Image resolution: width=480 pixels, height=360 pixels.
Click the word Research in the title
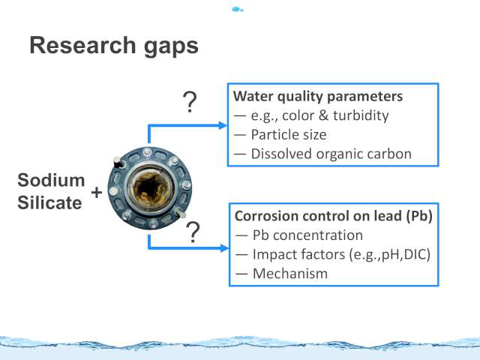pyautogui.click(x=82, y=45)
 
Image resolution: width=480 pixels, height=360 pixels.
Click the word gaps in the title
pyautogui.click(x=171, y=47)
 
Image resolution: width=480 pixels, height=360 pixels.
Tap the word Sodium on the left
pyautogui.click(x=51, y=180)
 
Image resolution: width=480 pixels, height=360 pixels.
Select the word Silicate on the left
pyautogui.click(x=49, y=202)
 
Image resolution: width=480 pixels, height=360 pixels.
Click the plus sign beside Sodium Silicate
pyautogui.click(x=97, y=193)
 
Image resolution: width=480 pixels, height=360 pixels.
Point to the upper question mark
pyautogui.click(x=190, y=102)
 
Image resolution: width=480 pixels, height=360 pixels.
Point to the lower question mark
pyautogui.click(x=193, y=232)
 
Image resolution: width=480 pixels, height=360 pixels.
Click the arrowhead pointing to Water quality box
pyautogui.click(x=223, y=125)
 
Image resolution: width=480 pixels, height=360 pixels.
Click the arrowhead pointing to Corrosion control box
pyautogui.click(x=224, y=248)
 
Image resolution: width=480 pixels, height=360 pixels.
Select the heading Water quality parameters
pyautogui.click(x=318, y=97)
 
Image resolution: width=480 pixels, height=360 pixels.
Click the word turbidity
pyautogui.click(x=361, y=115)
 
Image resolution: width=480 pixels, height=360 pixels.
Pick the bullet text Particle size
pyautogui.click(x=289, y=135)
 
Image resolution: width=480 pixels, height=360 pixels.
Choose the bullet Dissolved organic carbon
pyautogui.click(x=331, y=154)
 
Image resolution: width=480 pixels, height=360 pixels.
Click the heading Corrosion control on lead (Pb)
pyautogui.click(x=334, y=216)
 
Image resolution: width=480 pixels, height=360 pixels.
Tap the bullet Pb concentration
pyautogui.click(x=307, y=235)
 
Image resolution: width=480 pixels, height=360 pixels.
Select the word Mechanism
pyautogui.click(x=290, y=273)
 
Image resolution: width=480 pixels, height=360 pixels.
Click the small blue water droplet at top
pyautogui.click(x=237, y=10)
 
